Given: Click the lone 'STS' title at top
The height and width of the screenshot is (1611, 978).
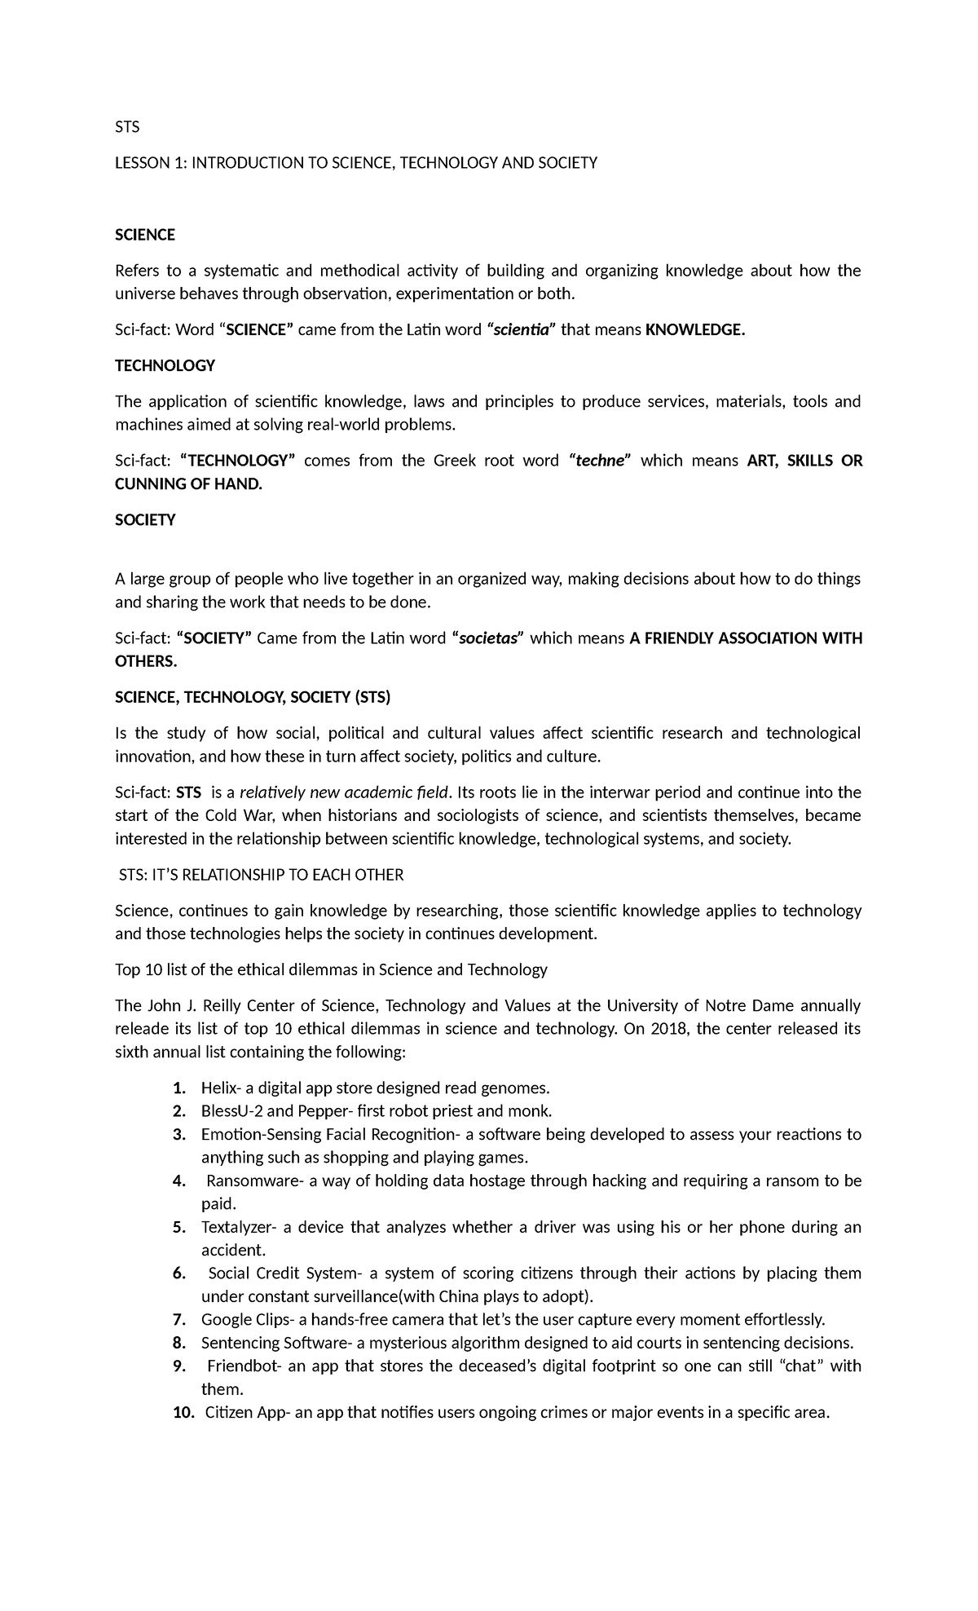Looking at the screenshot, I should click(127, 127).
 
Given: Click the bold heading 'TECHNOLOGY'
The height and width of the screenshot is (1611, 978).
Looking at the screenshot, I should click(165, 366).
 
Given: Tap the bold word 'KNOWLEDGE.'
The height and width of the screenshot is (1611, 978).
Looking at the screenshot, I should click(694, 330).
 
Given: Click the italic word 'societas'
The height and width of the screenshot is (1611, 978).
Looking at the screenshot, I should click(489, 638).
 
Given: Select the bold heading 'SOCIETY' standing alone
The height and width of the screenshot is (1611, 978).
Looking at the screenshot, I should click(145, 520).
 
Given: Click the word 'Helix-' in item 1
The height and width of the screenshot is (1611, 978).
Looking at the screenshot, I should click(220, 1088).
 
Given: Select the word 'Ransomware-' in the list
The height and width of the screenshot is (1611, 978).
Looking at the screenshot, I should click(254, 1181).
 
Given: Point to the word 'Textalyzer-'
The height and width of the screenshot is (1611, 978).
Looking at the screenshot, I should click(242, 1228).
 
